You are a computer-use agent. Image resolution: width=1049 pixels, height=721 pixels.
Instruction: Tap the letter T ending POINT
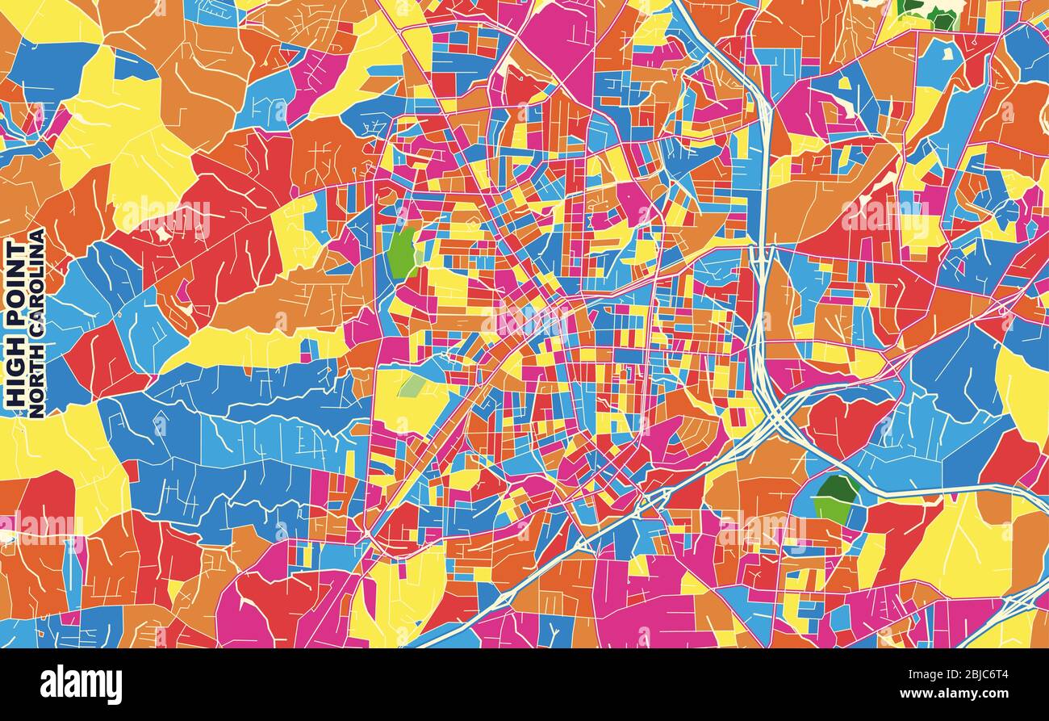[15, 246]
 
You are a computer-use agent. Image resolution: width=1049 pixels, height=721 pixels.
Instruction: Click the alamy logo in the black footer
[81, 685]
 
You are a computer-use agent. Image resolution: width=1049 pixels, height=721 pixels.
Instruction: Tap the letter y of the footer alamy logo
[115, 686]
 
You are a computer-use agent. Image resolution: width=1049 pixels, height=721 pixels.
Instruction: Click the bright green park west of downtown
[402, 253]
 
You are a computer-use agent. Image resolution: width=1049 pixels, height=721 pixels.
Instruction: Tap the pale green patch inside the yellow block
[412, 386]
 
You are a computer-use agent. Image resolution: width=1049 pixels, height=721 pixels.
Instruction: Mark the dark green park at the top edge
[928, 12]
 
